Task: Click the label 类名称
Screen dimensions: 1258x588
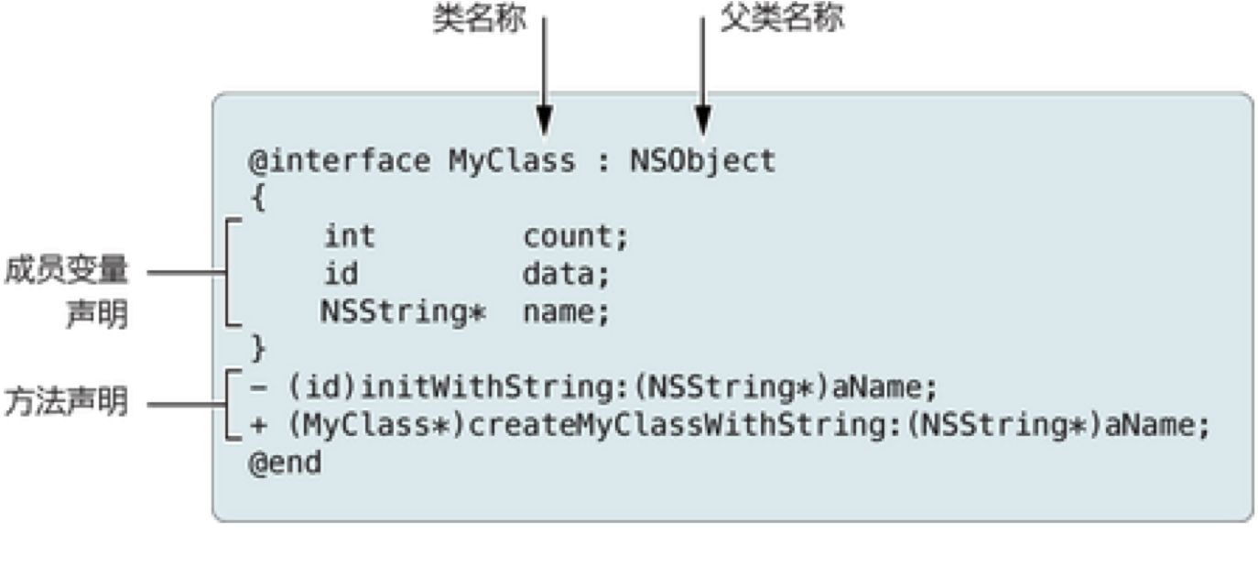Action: (480, 18)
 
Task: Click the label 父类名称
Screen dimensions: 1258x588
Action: (782, 17)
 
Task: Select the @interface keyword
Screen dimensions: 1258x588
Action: (340, 161)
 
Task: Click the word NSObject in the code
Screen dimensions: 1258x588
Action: (703, 161)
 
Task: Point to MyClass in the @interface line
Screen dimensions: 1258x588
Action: (512, 161)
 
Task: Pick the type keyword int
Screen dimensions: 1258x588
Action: (350, 236)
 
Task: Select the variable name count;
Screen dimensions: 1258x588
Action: (576, 237)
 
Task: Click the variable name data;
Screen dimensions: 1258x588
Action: (566, 275)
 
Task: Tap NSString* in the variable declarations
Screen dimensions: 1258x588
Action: (403, 311)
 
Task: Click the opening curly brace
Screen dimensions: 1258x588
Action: (258, 198)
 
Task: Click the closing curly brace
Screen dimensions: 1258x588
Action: (258, 348)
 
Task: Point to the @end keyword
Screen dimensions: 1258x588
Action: (286, 463)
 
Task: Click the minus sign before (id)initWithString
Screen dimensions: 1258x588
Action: (258, 387)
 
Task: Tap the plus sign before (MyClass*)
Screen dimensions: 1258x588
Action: (258, 426)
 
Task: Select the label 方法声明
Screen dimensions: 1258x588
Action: (66, 402)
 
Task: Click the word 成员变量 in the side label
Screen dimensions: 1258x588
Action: (66, 270)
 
